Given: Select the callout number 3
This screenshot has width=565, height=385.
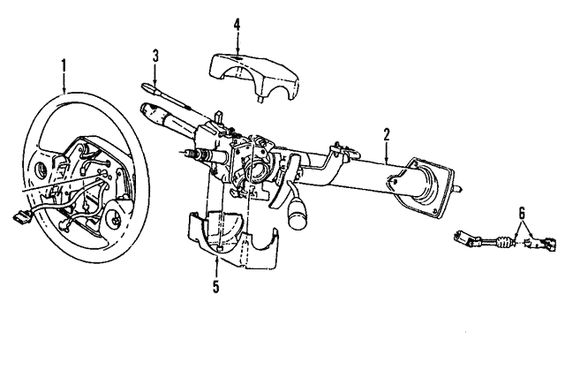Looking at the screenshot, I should tap(155, 57).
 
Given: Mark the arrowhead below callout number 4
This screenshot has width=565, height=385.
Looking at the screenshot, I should tap(237, 51).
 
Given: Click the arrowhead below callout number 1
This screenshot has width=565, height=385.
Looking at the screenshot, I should tap(64, 91).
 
